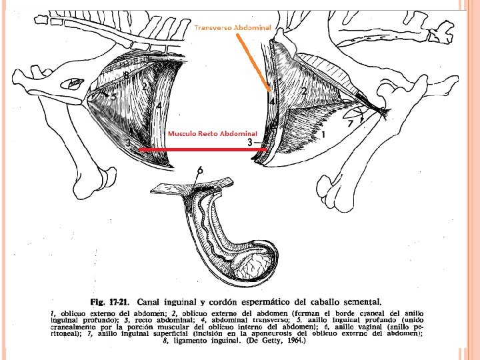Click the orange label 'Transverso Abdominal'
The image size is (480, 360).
click(233, 27)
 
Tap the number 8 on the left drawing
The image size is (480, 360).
click(126, 75)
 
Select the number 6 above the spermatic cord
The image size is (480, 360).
click(200, 171)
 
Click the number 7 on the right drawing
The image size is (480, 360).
click(350, 124)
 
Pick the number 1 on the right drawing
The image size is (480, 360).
click(323, 135)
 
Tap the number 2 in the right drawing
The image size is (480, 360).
click(304, 91)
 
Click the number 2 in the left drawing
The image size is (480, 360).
click(144, 87)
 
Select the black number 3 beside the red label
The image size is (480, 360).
click(249, 143)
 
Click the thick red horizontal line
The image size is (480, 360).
click(200, 151)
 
